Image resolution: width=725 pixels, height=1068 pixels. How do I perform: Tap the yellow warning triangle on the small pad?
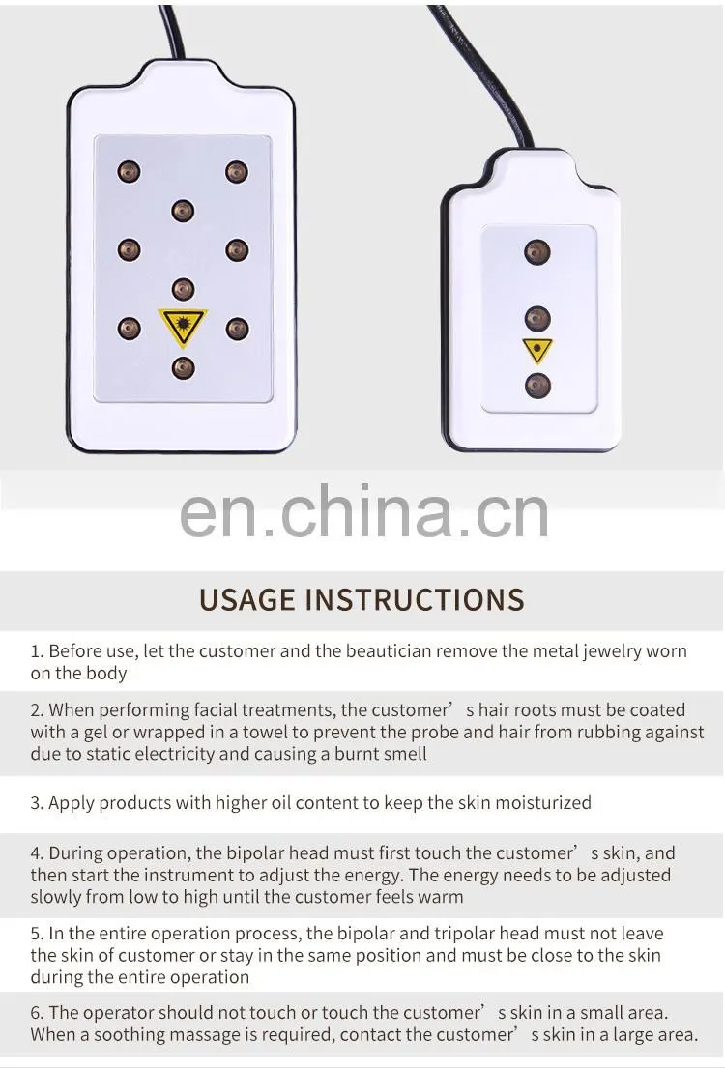(537, 350)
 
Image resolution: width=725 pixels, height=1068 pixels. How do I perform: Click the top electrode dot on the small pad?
(536, 252)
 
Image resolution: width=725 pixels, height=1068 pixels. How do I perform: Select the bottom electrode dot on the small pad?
(537, 387)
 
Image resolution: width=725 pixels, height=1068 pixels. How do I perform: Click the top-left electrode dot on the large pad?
(129, 171)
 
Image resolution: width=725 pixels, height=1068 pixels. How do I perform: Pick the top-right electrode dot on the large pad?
(237, 172)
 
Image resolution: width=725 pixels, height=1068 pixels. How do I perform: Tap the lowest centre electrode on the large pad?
(183, 368)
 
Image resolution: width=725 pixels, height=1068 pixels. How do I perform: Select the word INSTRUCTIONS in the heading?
(415, 599)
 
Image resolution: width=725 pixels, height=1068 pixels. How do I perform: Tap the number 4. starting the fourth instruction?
(37, 853)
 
